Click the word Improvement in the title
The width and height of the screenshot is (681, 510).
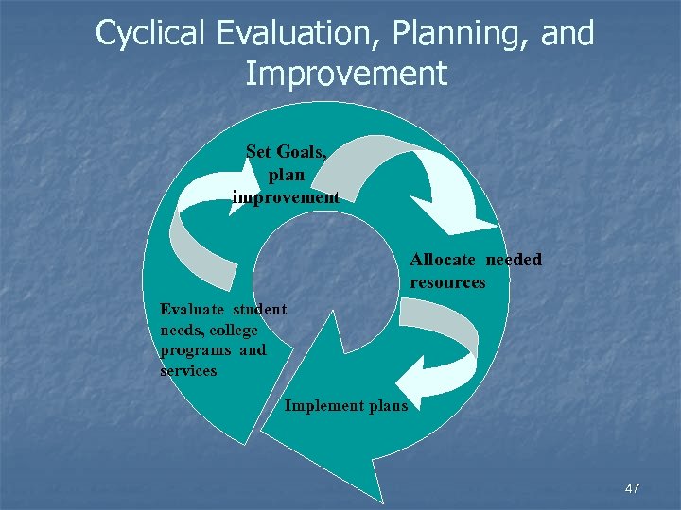pyautogui.click(x=345, y=74)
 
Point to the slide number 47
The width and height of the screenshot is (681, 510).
pyautogui.click(x=632, y=488)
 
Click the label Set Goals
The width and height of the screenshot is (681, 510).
pyautogui.click(x=287, y=151)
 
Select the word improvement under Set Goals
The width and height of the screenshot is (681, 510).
pyautogui.click(x=286, y=197)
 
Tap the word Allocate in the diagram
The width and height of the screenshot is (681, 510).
pyautogui.click(x=445, y=260)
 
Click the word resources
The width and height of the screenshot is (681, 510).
pyautogui.click(x=447, y=282)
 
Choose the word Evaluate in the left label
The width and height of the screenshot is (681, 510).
pyautogui.click(x=192, y=309)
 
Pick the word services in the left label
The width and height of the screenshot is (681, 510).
pyautogui.click(x=188, y=371)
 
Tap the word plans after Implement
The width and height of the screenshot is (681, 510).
pyautogui.click(x=388, y=406)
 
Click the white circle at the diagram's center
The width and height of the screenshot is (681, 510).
pyautogui.click(x=322, y=283)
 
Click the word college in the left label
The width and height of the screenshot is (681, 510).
pyautogui.click(x=234, y=330)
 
